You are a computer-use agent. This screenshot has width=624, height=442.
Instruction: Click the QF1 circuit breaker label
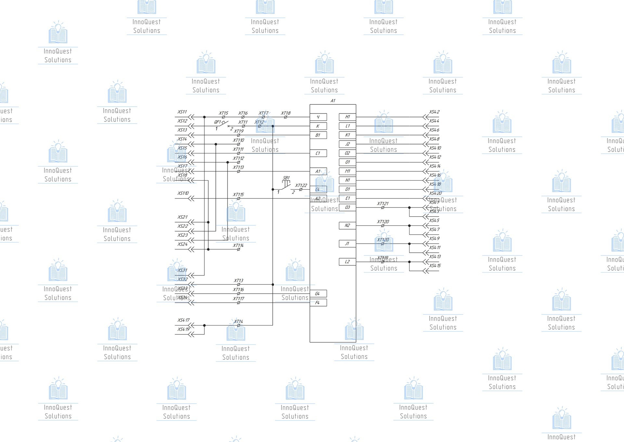[217, 122]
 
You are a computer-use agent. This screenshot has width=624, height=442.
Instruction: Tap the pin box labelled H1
[347, 117]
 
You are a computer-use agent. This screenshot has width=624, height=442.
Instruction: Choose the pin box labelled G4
[318, 294]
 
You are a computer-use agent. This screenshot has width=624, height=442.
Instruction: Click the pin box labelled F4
[318, 303]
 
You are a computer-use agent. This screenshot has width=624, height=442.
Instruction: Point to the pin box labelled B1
[318, 135]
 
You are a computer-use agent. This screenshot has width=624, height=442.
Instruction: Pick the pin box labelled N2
[347, 226]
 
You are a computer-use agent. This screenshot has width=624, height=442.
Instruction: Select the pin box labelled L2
[347, 262]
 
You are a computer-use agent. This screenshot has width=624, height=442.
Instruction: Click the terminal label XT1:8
[286, 113]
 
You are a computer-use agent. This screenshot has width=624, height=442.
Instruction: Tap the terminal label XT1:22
[301, 185]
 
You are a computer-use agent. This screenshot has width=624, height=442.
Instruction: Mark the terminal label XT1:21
[383, 204]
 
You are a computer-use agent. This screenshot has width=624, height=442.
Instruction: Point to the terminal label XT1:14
[238, 246]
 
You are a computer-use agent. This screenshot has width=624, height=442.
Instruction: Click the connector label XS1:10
[183, 193]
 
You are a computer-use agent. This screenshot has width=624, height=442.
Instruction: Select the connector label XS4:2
[435, 112]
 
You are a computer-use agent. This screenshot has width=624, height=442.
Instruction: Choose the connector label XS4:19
[184, 329]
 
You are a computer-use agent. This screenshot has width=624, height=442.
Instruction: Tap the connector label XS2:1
[183, 217]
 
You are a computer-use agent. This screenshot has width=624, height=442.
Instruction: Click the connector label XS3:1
[183, 270]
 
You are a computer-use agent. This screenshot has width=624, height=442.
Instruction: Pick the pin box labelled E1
[347, 198]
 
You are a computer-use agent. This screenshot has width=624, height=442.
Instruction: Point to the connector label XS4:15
[435, 266]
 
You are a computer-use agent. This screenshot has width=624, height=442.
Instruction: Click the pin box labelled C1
[318, 153]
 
